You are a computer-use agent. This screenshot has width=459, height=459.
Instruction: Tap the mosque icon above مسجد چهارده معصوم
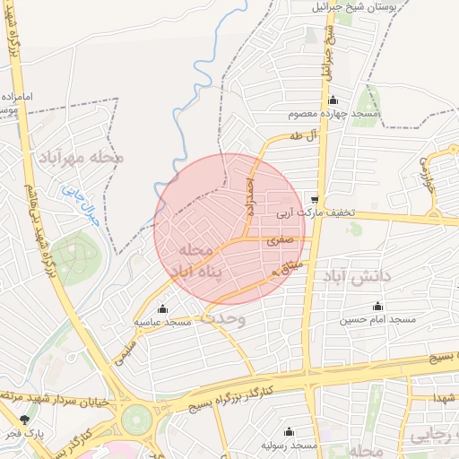(x=333, y=100)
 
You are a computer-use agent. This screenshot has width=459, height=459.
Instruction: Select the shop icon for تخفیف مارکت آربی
(x=315, y=199)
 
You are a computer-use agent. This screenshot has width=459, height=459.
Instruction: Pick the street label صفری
(x=279, y=240)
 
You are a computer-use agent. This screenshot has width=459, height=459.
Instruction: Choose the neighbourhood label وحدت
(x=222, y=317)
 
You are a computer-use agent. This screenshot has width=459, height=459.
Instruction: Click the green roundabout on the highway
(x=137, y=418)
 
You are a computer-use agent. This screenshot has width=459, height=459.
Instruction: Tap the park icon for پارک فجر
(x=24, y=419)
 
